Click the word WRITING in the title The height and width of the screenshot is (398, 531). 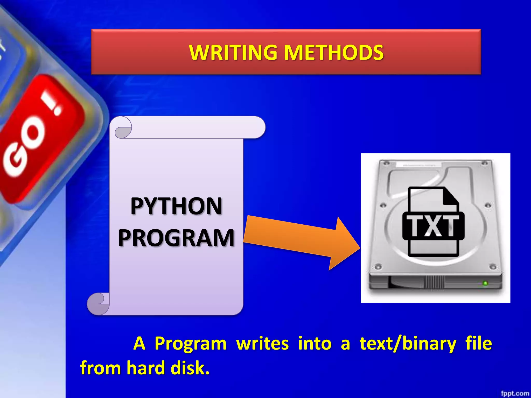[x=233, y=53]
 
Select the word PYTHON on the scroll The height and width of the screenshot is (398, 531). [x=176, y=206]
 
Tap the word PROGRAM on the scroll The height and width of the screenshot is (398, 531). [x=176, y=238]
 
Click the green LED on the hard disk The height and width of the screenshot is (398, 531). [x=485, y=283]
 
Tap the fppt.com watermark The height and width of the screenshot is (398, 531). [x=515, y=393]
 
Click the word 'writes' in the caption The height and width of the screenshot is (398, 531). [x=262, y=344]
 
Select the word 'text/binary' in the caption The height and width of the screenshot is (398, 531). [x=408, y=344]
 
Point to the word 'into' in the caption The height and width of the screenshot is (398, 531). [x=315, y=344]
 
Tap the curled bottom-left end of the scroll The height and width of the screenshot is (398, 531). [x=98, y=303]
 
